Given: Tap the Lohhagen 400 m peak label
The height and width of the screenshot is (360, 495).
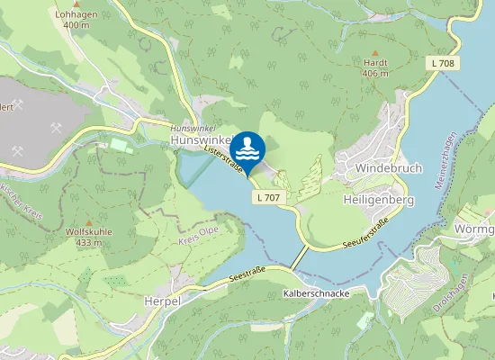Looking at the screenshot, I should [x=76, y=19].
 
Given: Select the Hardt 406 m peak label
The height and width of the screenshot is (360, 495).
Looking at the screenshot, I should [x=375, y=68].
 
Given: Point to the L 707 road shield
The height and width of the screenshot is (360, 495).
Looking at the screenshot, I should [x=267, y=197].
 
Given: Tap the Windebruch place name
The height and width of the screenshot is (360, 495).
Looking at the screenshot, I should [x=388, y=168].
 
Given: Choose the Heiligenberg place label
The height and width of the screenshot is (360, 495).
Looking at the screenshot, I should [x=379, y=200].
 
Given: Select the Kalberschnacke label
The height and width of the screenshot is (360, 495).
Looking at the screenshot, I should [x=316, y=294].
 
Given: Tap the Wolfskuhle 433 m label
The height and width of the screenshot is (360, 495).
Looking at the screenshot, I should [x=88, y=237].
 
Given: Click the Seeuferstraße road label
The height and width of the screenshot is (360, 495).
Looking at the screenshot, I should [x=365, y=234].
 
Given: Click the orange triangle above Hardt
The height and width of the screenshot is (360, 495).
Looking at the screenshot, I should [x=375, y=52].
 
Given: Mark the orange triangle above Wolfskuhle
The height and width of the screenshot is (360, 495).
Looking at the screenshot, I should [x=88, y=221].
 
